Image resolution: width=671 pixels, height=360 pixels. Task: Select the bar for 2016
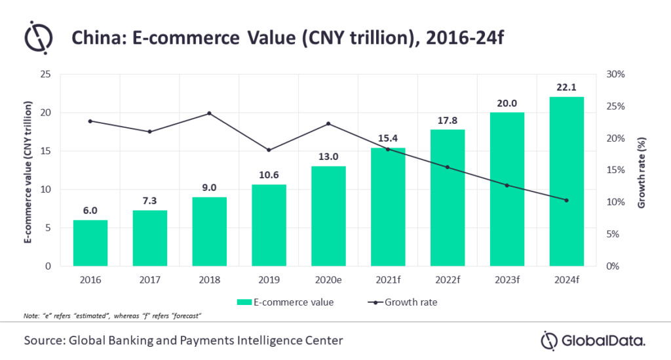[90, 243]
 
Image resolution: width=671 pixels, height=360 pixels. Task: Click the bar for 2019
[269, 226]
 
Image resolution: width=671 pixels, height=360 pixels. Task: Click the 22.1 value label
[567, 87]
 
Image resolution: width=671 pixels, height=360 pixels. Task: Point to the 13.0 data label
[328, 156]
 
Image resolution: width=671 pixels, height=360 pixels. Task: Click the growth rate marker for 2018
[209, 113]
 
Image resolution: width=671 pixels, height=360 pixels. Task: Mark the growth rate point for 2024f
[567, 200]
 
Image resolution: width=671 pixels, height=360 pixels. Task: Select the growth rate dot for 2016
[90, 121]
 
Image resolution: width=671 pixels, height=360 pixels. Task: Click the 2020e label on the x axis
[328, 281]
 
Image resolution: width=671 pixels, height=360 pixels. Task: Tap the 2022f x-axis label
[448, 281]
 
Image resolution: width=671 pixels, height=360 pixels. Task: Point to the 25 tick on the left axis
[46, 74]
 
